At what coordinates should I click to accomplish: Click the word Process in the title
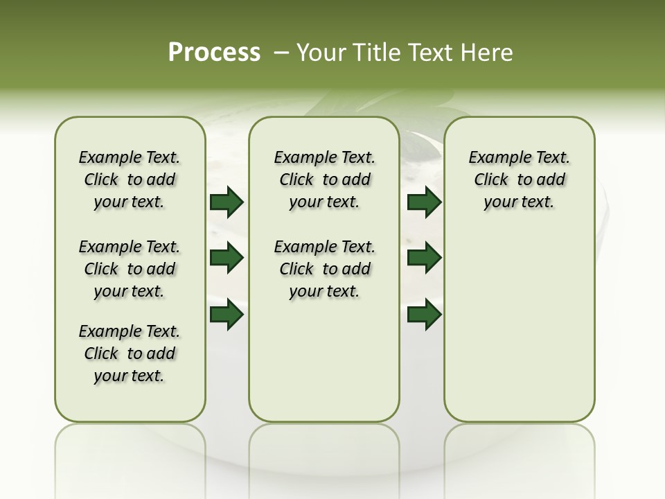(214, 52)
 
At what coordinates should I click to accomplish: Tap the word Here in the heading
(488, 52)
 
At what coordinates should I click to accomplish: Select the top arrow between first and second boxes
(227, 202)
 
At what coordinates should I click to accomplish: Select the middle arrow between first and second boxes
(227, 259)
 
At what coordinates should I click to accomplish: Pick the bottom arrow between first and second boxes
(227, 315)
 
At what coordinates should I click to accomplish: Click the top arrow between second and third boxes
(424, 202)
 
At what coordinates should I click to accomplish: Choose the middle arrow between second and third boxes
(424, 259)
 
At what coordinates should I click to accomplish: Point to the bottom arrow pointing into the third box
(424, 315)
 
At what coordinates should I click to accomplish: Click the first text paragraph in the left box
(130, 180)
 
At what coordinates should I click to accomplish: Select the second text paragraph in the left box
(130, 269)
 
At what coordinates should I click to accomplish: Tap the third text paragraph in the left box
(130, 353)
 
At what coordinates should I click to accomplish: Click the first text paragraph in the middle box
(324, 180)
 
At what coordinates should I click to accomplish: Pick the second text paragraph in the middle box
(324, 269)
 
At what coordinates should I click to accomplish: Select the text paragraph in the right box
(519, 180)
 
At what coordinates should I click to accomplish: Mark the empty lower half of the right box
(519, 333)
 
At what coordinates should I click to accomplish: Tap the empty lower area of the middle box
(324, 360)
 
